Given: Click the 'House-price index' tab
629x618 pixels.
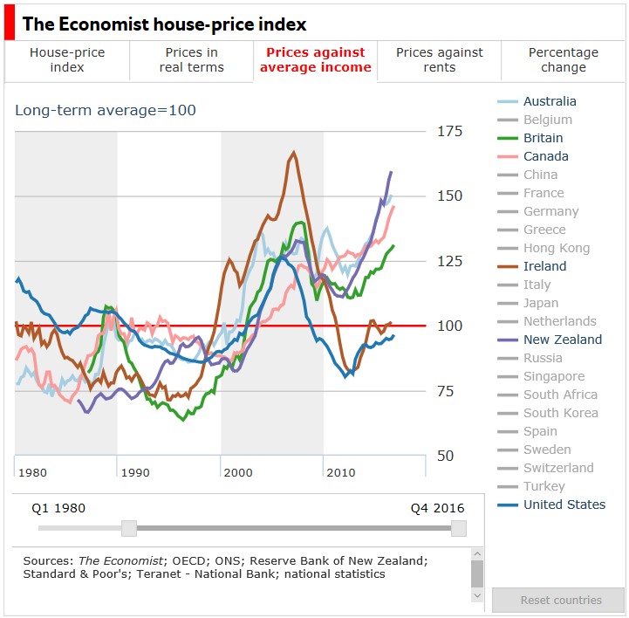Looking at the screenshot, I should point(67,60).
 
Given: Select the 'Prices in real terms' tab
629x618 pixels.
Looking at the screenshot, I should point(191,60).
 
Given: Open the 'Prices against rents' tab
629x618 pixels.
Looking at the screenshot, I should point(439,60).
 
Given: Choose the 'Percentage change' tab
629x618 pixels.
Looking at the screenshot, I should point(563,60).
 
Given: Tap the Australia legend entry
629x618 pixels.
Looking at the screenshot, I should point(549,101).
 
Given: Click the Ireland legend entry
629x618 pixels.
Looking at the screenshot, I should point(544,266).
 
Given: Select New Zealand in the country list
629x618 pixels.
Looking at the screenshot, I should point(562,340).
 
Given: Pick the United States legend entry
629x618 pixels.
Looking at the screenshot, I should point(564,505).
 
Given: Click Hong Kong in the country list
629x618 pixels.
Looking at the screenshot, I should point(556,248).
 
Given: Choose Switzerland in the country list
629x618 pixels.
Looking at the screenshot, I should point(557,468).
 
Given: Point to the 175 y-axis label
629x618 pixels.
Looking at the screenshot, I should point(450,131).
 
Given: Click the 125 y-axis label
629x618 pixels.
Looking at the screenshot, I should point(450,261).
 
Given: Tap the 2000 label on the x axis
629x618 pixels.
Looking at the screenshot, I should point(238,472).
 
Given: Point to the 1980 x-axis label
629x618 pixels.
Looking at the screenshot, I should point(32,472).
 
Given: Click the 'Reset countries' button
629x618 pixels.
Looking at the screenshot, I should point(560,601).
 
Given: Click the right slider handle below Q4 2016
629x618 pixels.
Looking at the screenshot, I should point(459,528).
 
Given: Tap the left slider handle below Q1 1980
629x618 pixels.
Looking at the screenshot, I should point(129,528).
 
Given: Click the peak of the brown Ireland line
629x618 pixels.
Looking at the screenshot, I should point(293,153).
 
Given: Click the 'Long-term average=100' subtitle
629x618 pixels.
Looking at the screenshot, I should point(106,110).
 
